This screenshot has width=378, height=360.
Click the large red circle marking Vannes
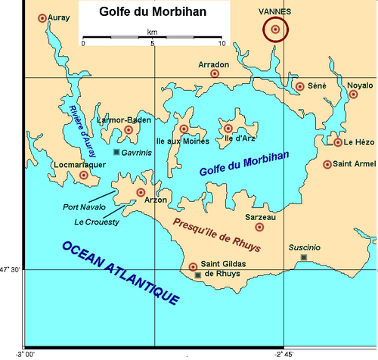[275, 29]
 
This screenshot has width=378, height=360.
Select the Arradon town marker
[215, 74]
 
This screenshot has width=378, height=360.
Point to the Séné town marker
[300, 87]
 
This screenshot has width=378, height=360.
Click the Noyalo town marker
[353, 95]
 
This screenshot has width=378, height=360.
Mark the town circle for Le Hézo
[338, 142]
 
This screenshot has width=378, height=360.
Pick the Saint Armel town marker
[327, 164]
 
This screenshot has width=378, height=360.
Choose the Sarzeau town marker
[259, 227]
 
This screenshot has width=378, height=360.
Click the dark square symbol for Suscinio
[303, 258]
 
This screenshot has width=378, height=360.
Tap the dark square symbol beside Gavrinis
[116, 153]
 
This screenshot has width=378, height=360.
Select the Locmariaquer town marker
[84, 175]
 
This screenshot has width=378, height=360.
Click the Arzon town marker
[140, 193]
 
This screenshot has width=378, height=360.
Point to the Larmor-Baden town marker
[129, 130]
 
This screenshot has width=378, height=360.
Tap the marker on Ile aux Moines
[183, 129]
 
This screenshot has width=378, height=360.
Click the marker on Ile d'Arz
[228, 129]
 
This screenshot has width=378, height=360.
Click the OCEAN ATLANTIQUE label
[121, 272]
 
